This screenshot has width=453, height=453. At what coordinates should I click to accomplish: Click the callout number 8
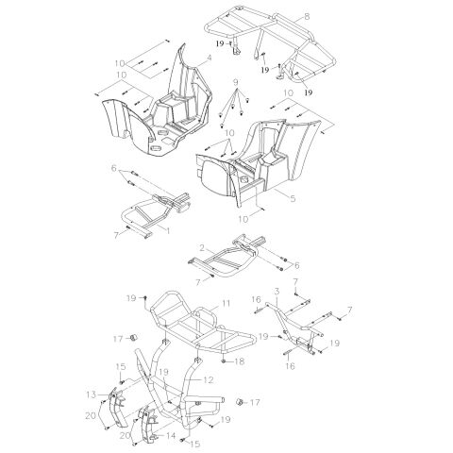307,16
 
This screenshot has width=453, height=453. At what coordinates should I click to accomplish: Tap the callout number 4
209,58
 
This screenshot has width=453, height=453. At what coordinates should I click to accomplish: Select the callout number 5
293,198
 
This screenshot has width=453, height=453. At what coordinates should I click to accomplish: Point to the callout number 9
236,82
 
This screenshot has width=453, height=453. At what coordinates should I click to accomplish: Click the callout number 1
168,231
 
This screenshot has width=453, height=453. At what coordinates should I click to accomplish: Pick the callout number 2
203,248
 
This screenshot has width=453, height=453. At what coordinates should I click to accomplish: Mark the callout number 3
277,292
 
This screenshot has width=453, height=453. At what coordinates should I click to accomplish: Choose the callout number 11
226,304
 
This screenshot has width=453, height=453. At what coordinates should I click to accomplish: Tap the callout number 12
209,380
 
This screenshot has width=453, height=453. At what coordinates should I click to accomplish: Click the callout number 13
92,394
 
